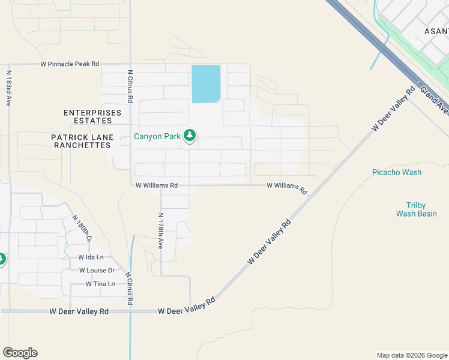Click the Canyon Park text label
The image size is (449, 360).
pyautogui.click(x=157, y=136)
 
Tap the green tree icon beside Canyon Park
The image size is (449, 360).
pyautogui.click(x=190, y=136)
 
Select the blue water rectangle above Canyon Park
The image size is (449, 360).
pyautogui.click(x=205, y=83)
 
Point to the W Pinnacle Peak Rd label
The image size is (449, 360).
pyautogui.click(x=70, y=63)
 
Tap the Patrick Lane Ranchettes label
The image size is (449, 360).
pyautogui.click(x=82, y=141)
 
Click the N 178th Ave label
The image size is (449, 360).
pyautogui.click(x=160, y=230)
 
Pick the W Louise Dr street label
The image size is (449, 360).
pyautogui.click(x=97, y=270)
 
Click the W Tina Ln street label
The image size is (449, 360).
pyautogui.click(x=100, y=284)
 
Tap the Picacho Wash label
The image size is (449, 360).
pyautogui.click(x=397, y=172)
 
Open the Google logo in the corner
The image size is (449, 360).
pyautogui.click(x=20, y=353)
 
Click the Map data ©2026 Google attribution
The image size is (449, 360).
pyautogui.click(x=412, y=355)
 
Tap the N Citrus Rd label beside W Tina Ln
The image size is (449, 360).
pyautogui.click(x=128, y=289)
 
